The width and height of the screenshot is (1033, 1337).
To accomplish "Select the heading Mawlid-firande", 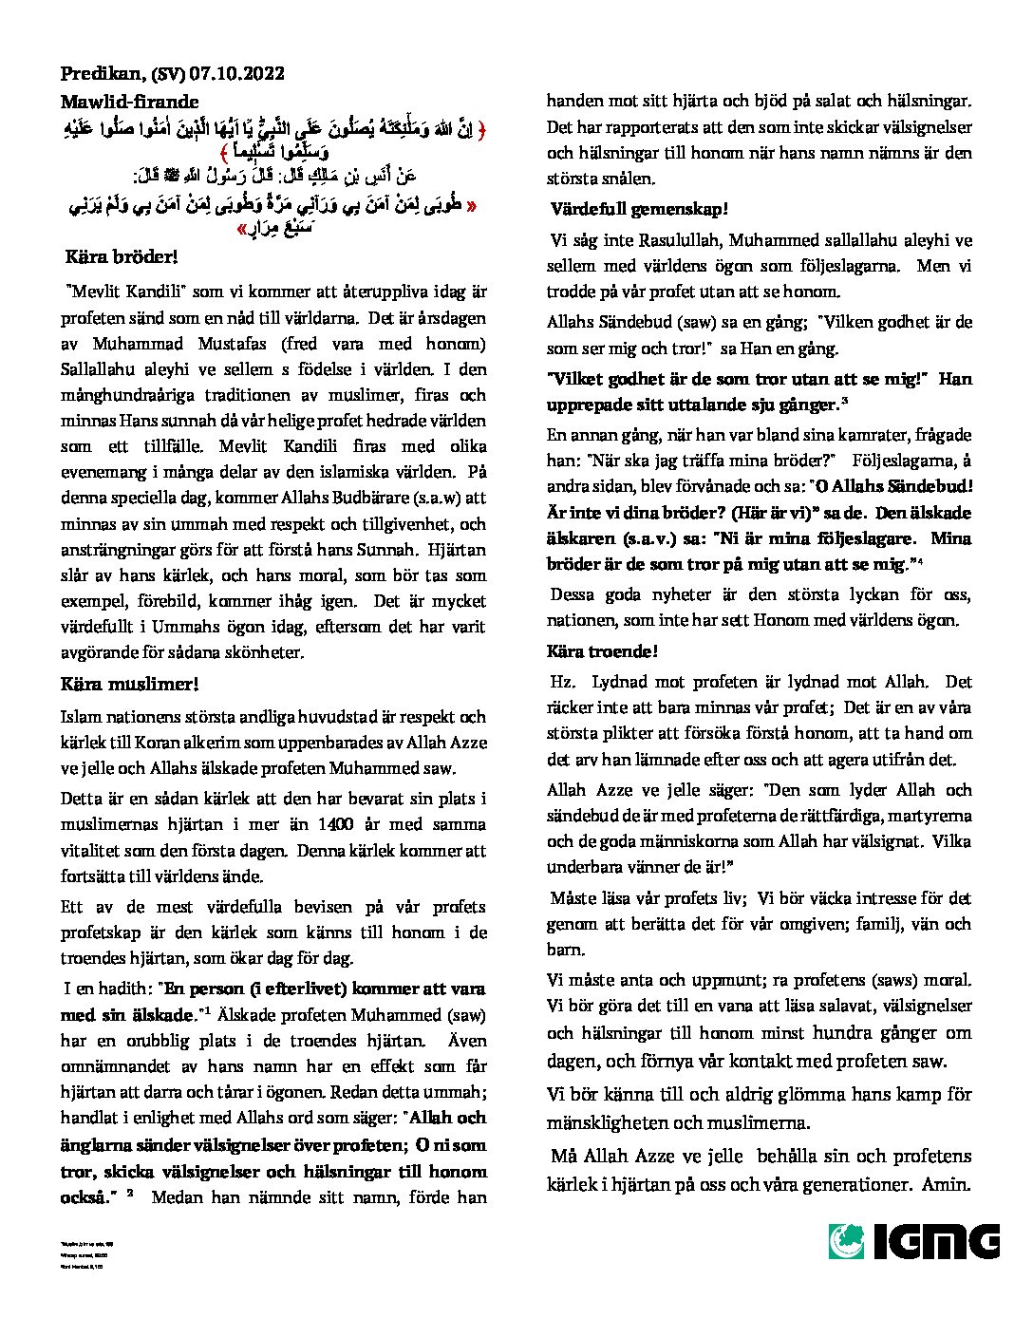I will tap(129, 102).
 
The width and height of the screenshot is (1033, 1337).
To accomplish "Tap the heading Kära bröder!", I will tap(121, 257).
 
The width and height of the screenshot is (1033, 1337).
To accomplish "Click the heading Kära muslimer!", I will tap(129, 684).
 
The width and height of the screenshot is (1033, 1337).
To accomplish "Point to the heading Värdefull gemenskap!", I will tap(639, 209).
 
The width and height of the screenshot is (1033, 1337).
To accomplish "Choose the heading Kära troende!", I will tap(601, 651).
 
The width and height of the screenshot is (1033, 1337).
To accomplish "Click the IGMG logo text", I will tap(934, 1241).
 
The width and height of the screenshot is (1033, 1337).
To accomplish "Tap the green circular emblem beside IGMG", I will tap(847, 1241).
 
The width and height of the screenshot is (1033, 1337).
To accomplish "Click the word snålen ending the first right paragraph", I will tap(628, 178).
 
